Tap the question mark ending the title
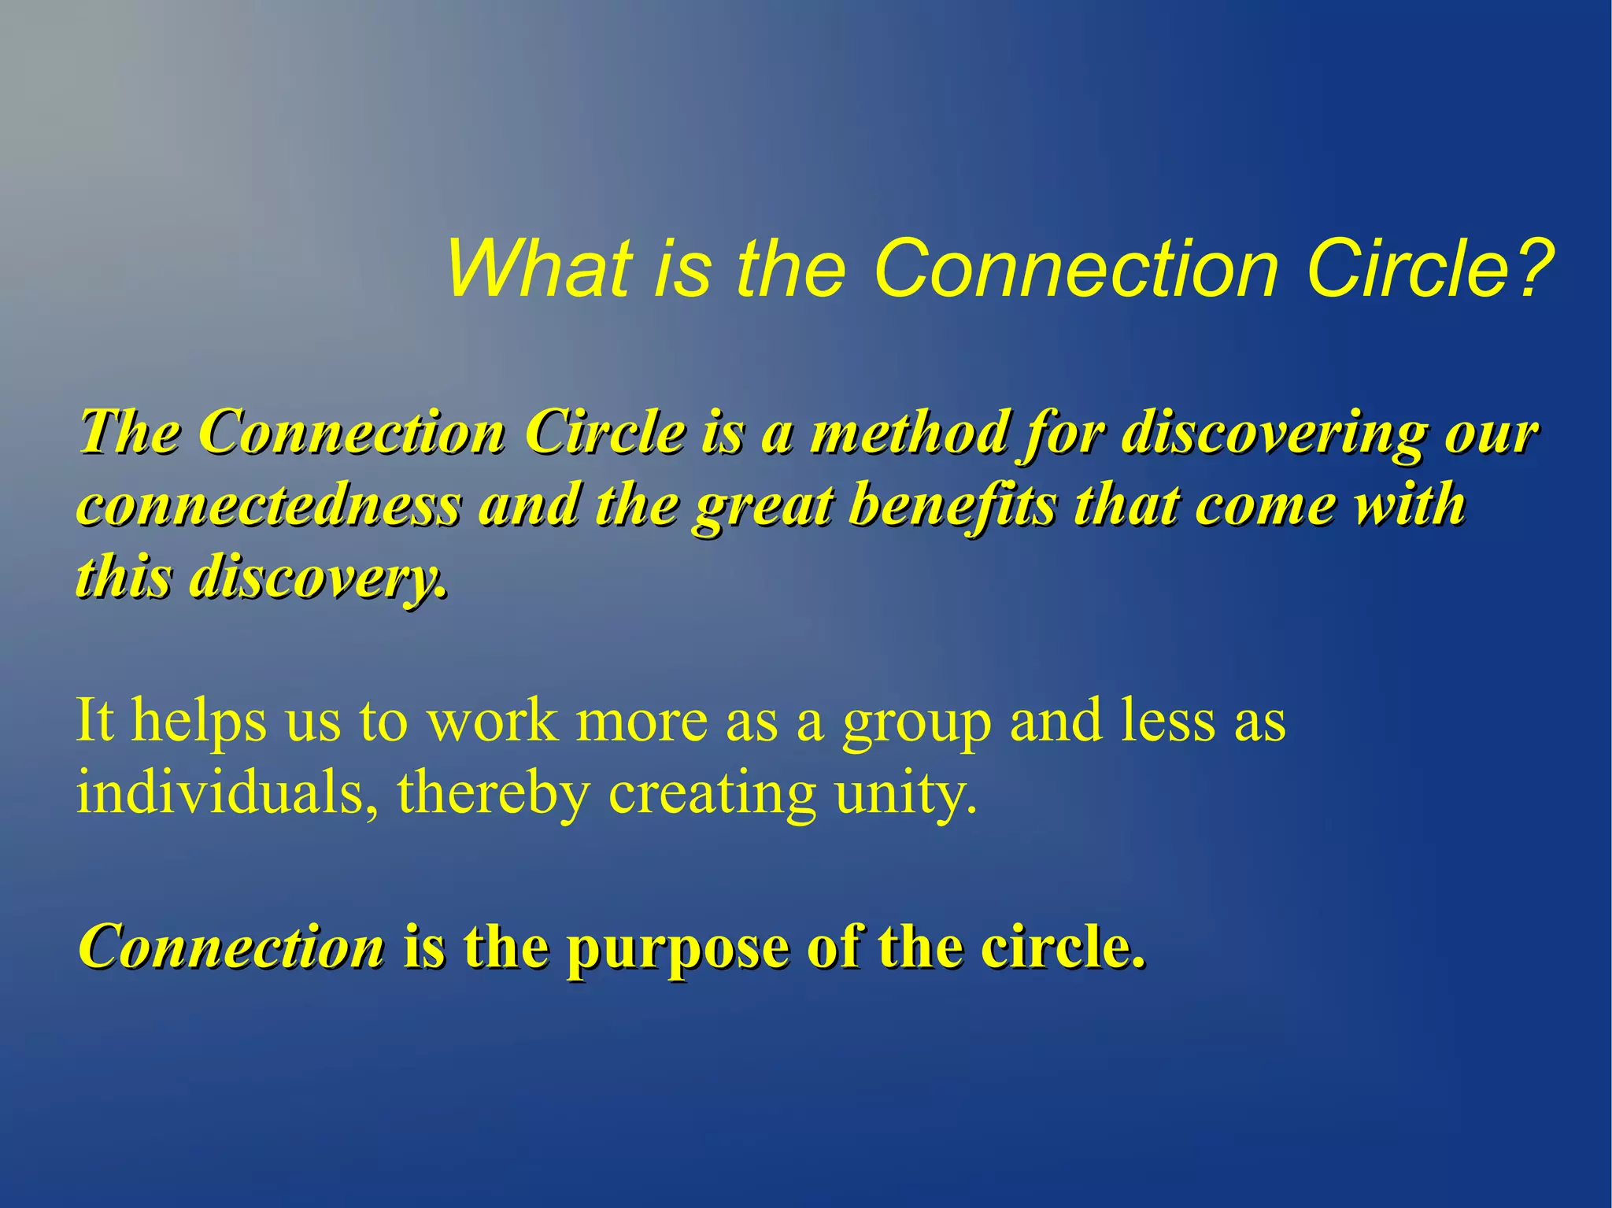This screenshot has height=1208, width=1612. (1535, 269)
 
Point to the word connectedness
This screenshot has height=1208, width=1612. (268, 506)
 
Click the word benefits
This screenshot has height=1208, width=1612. (952, 504)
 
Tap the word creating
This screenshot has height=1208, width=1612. (712, 794)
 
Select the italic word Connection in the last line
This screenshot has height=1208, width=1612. (231, 947)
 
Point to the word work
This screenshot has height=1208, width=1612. (493, 721)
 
